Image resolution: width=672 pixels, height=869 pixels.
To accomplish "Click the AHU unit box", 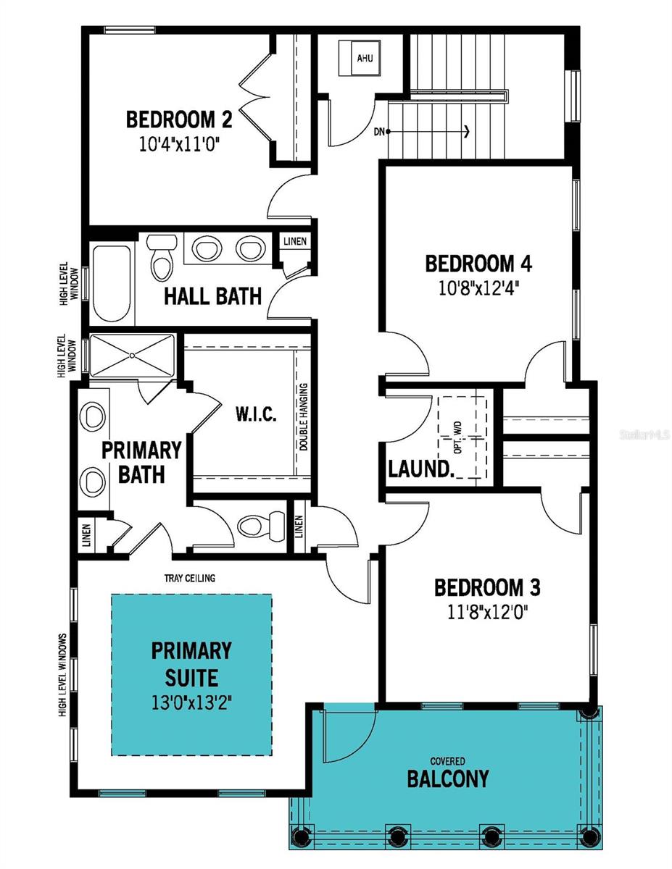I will (x=365, y=58).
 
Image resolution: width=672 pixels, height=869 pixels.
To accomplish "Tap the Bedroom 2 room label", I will (x=179, y=118).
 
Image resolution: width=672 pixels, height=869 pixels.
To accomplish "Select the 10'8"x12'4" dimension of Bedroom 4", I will (x=478, y=288).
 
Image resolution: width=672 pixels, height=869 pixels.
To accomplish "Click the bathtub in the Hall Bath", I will (x=112, y=282).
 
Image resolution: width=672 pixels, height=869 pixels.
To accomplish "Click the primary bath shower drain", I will (x=133, y=355).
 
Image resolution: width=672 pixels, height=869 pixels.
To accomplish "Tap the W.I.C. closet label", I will (x=256, y=416).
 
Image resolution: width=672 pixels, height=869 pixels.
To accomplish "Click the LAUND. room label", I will (x=421, y=468).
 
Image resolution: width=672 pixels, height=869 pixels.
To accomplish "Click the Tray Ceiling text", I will (x=191, y=578).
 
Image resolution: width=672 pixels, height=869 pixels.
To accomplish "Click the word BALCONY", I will (x=447, y=779).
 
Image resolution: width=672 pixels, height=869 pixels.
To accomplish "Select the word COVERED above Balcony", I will (x=447, y=761).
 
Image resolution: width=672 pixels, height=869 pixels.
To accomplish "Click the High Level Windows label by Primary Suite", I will (x=63, y=675).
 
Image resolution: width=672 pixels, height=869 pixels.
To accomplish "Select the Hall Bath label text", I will (x=212, y=295).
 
